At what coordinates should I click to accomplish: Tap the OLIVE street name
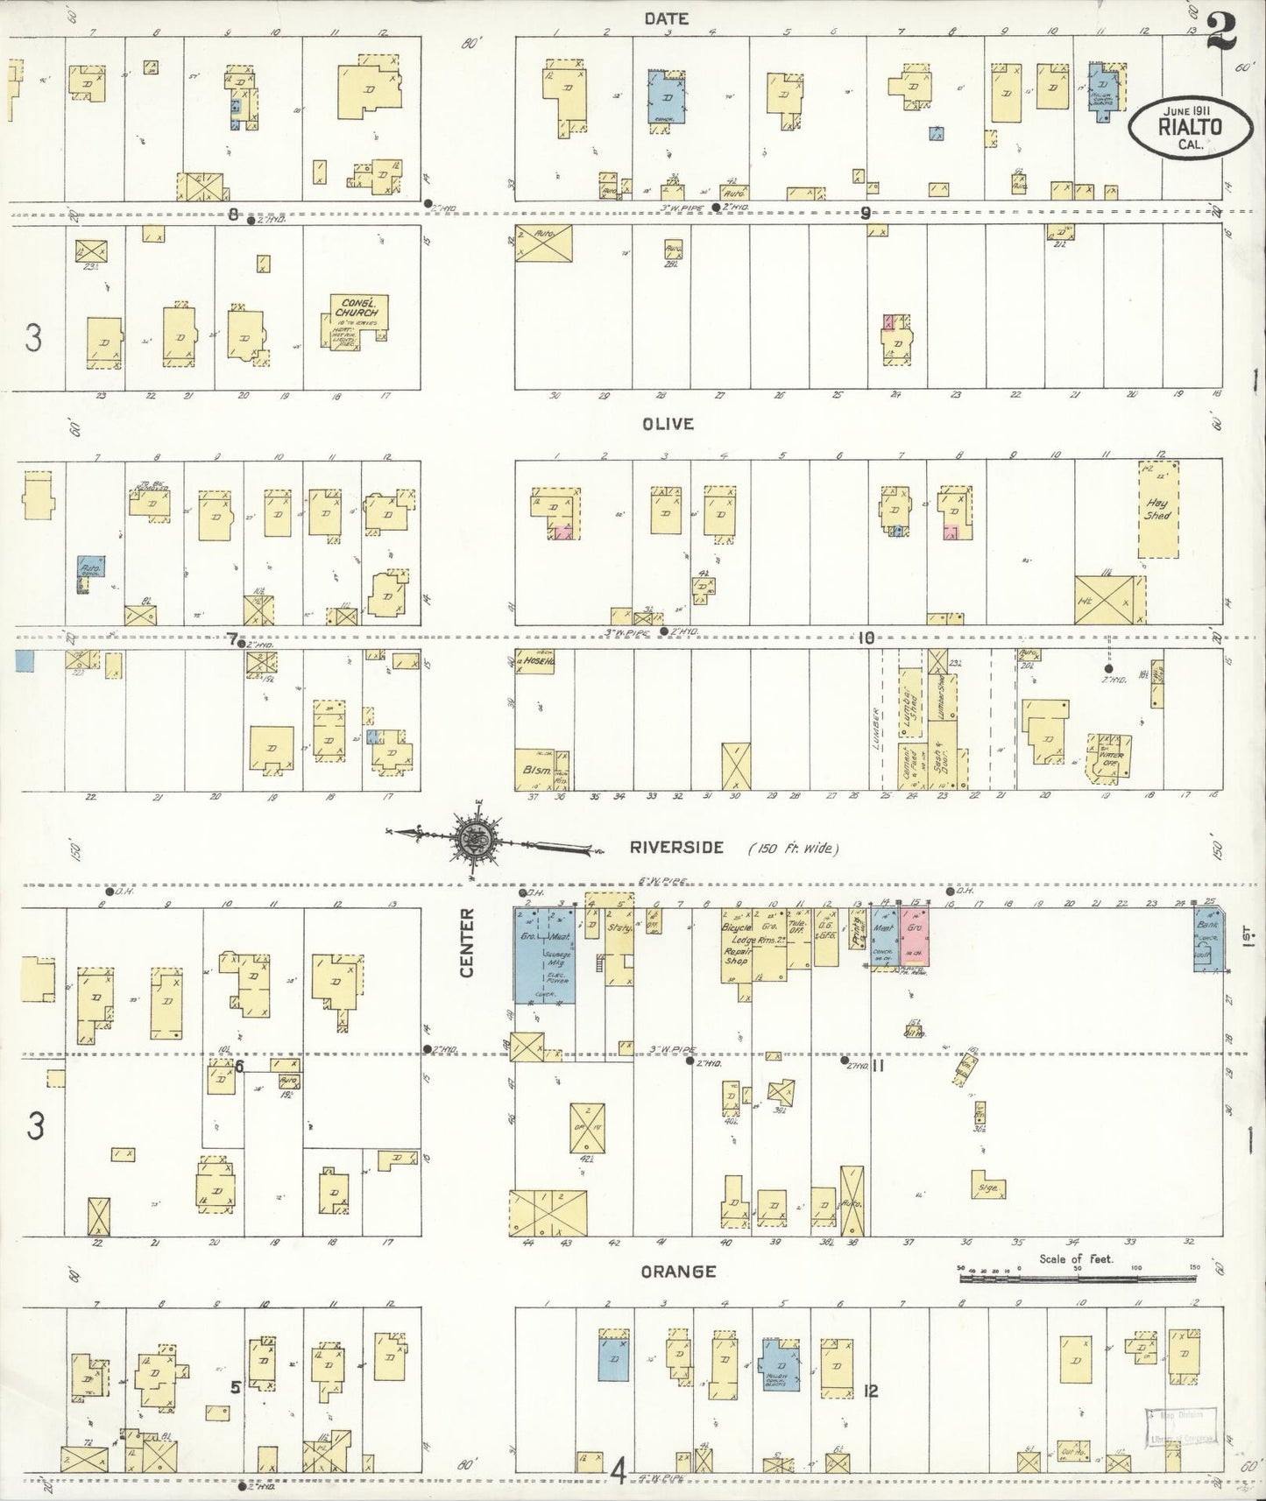(668, 424)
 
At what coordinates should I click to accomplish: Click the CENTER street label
(467, 942)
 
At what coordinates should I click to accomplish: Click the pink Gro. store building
(915, 939)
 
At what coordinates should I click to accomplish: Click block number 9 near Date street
(866, 213)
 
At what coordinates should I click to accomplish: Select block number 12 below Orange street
(869, 1390)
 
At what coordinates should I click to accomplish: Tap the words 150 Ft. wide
(794, 848)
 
